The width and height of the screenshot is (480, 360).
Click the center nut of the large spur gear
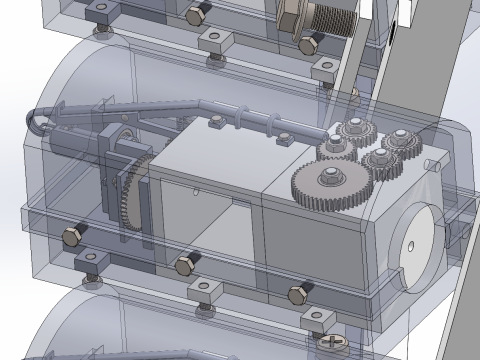(x=330, y=179)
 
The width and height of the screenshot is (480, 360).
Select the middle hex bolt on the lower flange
(x=183, y=266)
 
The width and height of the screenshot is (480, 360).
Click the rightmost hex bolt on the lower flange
(x=297, y=293)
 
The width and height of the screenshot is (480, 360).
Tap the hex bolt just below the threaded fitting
(x=309, y=45)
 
